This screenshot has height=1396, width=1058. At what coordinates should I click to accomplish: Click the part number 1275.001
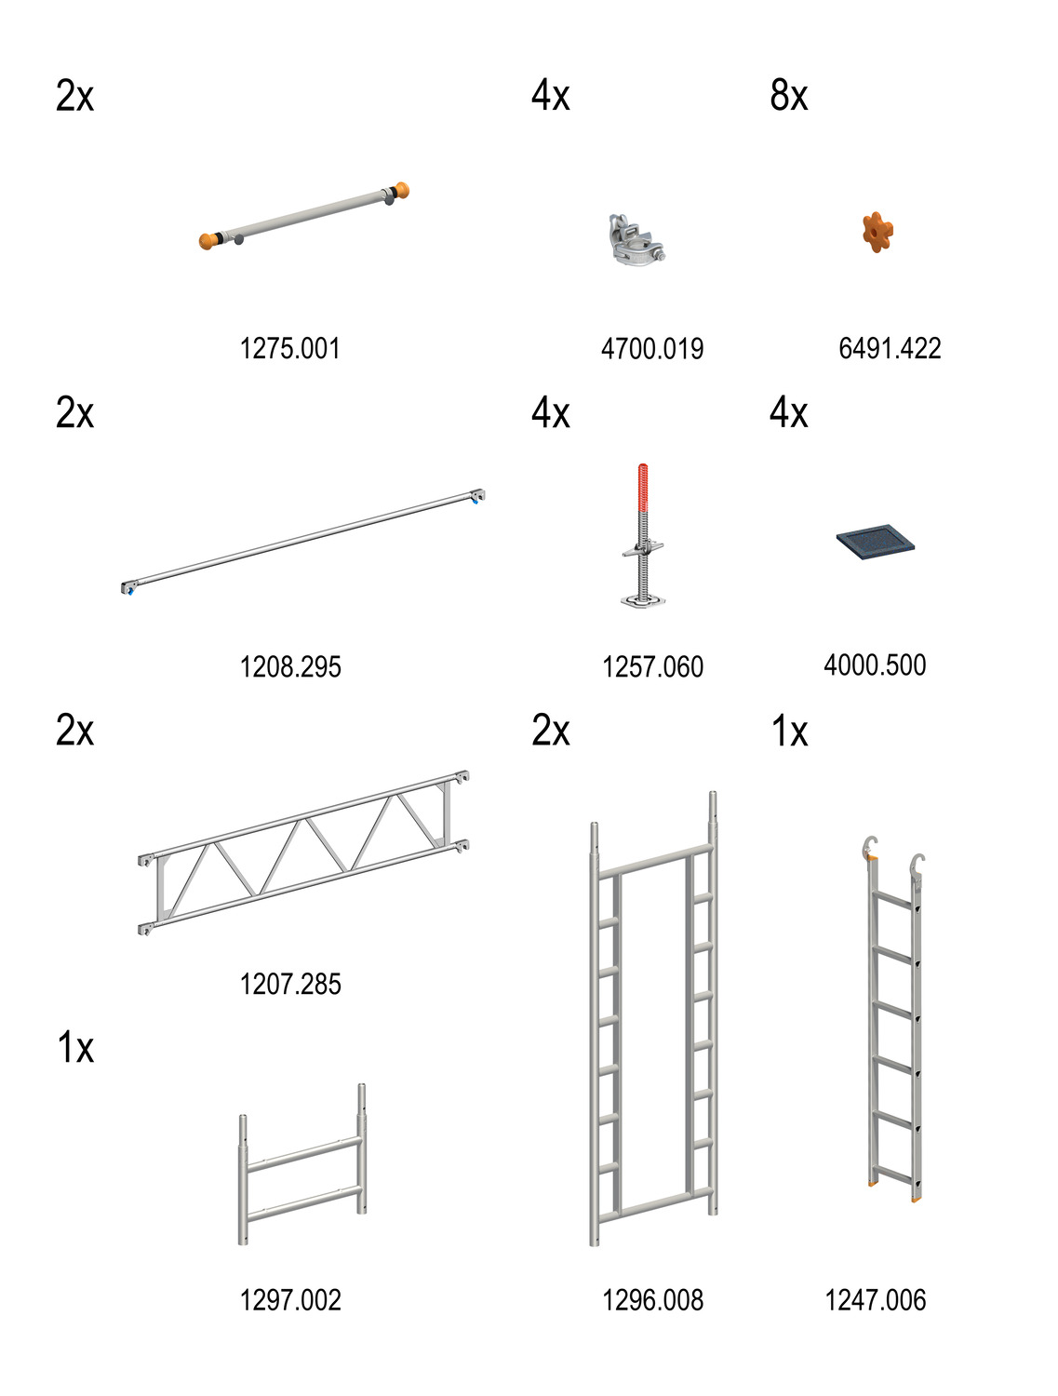(289, 348)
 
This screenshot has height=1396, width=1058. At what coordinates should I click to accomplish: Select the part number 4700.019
(651, 348)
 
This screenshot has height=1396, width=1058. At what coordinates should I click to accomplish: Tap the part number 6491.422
(889, 348)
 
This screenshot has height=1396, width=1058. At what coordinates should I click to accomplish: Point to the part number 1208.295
(290, 666)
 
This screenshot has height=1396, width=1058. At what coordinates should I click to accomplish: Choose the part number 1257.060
(652, 666)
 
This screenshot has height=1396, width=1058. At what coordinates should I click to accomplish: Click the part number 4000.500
(875, 664)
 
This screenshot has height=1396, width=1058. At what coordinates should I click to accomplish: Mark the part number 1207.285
(290, 983)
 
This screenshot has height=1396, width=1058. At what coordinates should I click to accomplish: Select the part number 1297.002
(290, 1300)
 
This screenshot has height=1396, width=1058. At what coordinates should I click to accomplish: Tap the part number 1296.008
(652, 1300)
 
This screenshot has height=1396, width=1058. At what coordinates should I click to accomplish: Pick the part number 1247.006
(875, 1300)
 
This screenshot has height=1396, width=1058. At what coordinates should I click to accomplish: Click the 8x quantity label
(788, 96)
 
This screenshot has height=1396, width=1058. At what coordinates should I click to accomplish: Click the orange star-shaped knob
(877, 232)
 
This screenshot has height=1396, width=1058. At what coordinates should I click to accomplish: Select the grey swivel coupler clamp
(636, 240)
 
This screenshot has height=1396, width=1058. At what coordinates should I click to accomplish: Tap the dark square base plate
(875, 542)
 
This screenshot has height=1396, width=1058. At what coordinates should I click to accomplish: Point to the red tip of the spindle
(643, 487)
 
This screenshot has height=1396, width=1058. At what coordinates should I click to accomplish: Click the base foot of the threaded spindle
(643, 599)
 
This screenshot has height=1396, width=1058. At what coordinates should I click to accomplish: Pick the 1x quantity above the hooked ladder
(789, 731)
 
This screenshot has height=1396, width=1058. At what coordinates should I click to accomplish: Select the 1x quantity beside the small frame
(75, 1047)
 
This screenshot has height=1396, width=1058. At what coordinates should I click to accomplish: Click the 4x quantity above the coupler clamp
(550, 96)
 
